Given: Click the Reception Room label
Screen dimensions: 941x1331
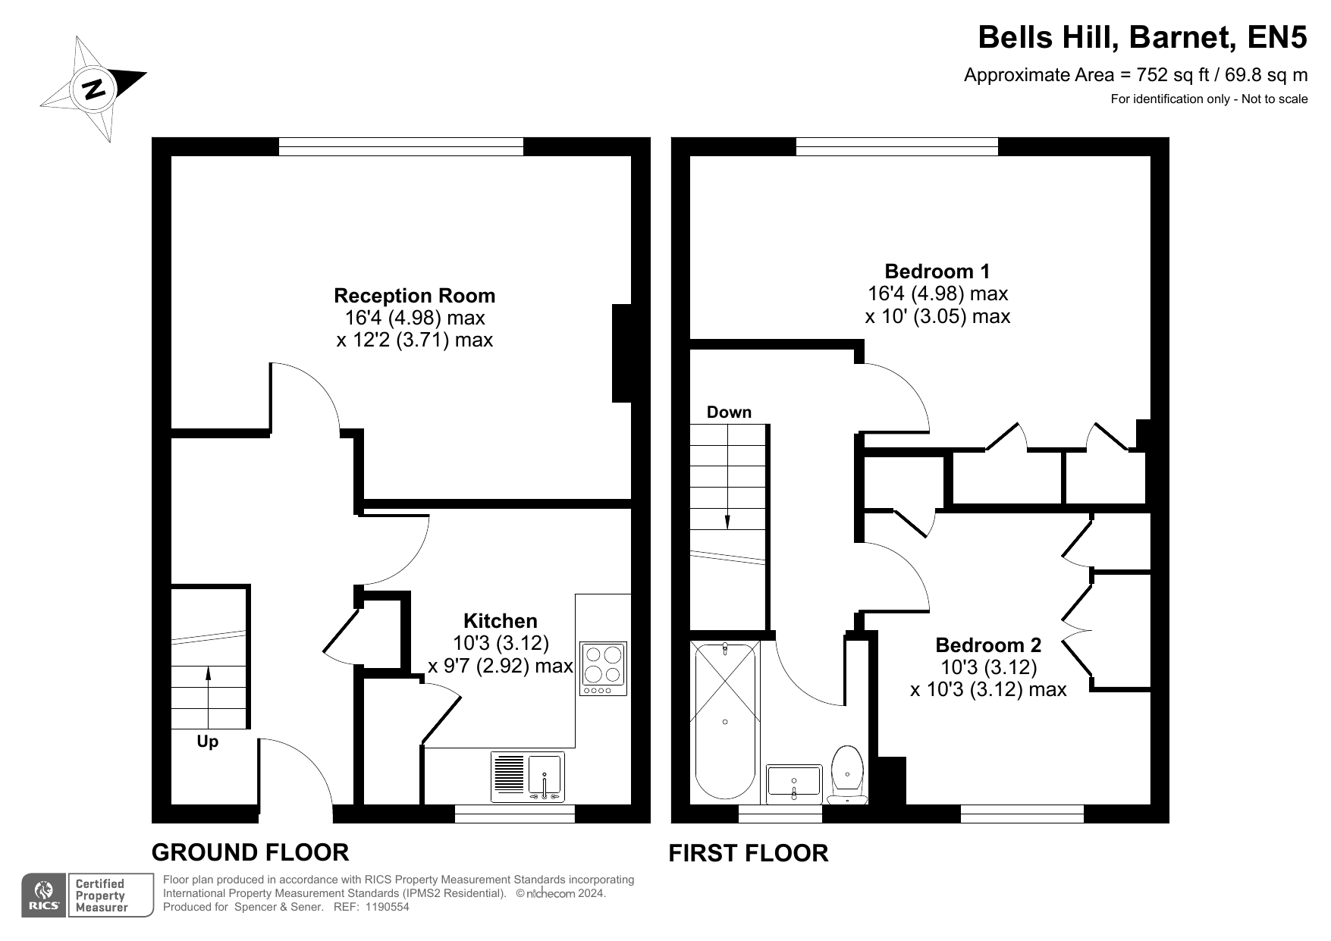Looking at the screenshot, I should coord(414,296).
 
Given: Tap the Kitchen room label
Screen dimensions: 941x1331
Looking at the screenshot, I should coord(500,621).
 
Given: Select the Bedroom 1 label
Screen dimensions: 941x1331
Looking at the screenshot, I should coord(937,271).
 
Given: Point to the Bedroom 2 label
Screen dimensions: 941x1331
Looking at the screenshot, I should coord(988,645).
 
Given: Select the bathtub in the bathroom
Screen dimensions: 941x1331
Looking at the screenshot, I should coord(726,720).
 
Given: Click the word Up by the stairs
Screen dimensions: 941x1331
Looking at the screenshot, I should coord(207,742).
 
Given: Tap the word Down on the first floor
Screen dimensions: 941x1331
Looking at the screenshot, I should coord(729,412).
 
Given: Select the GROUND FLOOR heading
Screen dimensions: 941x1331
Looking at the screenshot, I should coord(250,852).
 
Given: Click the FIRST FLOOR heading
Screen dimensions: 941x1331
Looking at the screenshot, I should coord(748,853).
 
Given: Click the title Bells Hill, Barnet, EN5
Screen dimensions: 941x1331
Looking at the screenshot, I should coord(1142,37).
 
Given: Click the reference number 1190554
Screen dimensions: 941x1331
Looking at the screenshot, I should coord(388,907).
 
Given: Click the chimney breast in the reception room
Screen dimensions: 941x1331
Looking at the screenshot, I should coord(622,353).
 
